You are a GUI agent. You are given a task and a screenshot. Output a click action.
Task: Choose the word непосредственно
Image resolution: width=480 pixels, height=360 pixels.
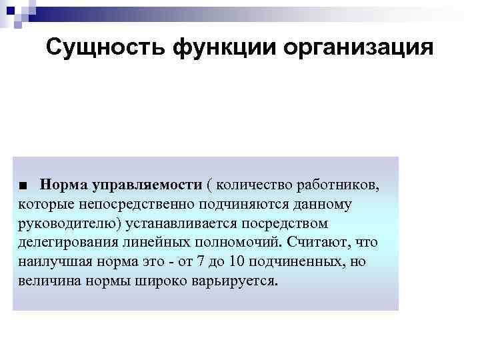pyautogui.click(x=134, y=203)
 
